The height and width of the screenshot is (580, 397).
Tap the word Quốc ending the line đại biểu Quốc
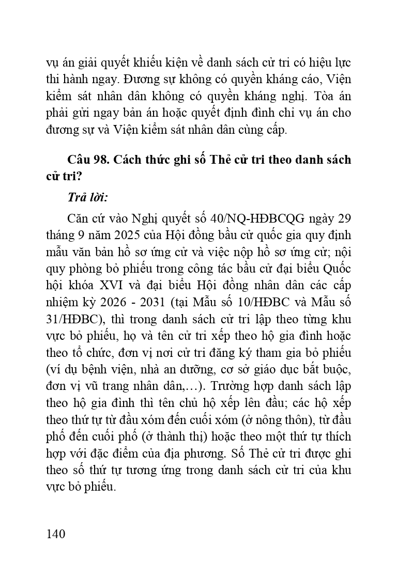click(337, 268)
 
